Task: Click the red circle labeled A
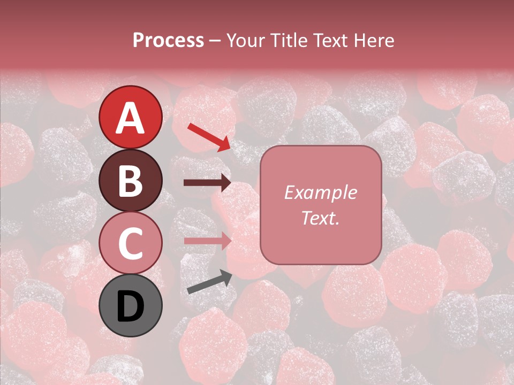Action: click(131, 117)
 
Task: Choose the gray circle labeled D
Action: click(131, 305)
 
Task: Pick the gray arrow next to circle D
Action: click(209, 282)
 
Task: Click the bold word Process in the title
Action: click(168, 40)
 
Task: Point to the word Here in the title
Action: click(375, 40)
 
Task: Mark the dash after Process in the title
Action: click(215, 41)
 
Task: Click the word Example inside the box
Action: click(320, 192)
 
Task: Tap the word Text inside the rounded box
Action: click(318, 218)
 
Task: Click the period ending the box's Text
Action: click(337, 222)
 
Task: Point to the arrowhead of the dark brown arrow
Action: click(225, 183)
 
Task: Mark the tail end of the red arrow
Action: click(190, 126)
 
